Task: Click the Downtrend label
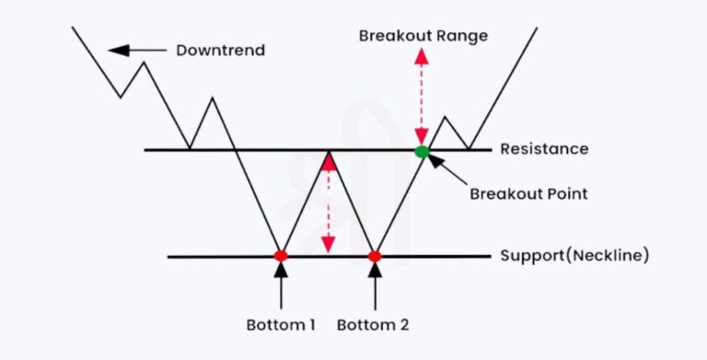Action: [220, 50]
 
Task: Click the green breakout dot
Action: [422, 151]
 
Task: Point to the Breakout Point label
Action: [528, 194]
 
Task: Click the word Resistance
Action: [544, 149]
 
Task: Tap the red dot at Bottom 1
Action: [281, 255]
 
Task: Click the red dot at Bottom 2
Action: [375, 255]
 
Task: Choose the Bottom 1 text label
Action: [282, 325]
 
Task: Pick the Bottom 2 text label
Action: [373, 325]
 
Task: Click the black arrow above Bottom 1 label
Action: [281, 285]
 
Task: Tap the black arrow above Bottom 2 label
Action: [375, 285]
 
